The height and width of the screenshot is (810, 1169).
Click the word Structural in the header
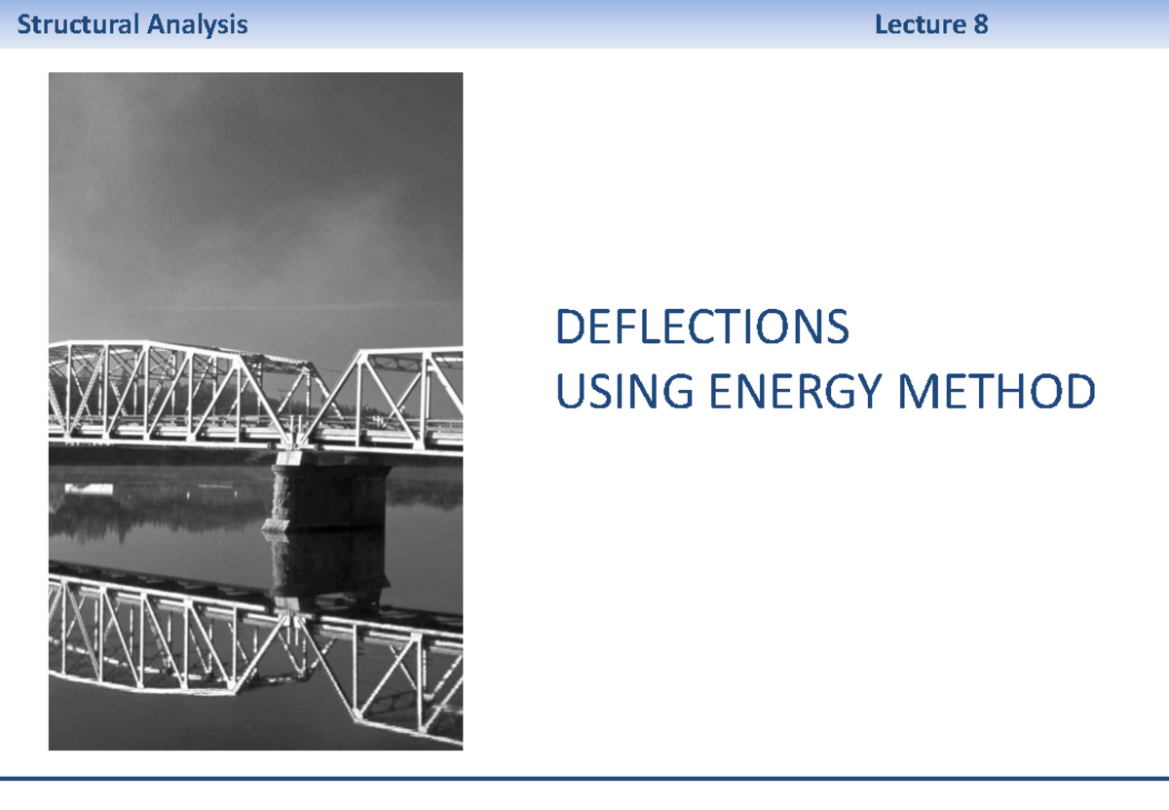pos(79,24)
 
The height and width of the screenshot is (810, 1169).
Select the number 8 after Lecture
pos(980,24)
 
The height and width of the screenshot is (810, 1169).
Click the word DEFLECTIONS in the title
pos(701,328)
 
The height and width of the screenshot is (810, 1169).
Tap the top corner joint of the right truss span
pos(362,352)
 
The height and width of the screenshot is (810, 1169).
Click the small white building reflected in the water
pos(89,487)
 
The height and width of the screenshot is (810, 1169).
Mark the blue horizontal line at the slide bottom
pos(584,778)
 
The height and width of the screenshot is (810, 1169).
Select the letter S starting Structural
pos(23,24)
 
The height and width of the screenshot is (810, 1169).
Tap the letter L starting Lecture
pos(881,24)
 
